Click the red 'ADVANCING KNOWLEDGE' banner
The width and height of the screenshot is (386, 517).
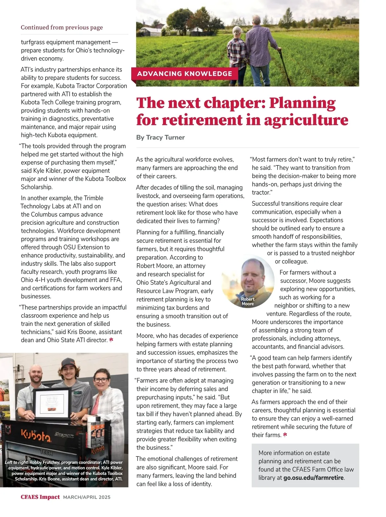pyautogui.click(x=184, y=74)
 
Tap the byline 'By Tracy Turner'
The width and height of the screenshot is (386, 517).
pyautogui.click(x=161, y=137)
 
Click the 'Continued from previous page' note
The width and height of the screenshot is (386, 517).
pyautogui.click(x=62, y=27)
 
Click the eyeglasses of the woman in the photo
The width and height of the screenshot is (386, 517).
pyautogui.click(x=101, y=380)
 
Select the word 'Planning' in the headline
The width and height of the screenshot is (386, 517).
pyautogui.click(x=302, y=103)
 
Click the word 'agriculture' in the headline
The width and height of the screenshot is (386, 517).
pyautogui.click(x=306, y=120)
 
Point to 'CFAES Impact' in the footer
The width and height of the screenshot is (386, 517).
pyautogui.click(x=40, y=497)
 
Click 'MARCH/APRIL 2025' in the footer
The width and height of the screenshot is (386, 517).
pyautogui.click(x=87, y=497)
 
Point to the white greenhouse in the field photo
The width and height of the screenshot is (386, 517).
pyautogui.click(x=151, y=32)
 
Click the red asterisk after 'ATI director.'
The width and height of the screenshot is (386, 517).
pyautogui.click(x=111, y=340)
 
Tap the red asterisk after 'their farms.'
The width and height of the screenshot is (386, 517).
pyautogui.click(x=285, y=435)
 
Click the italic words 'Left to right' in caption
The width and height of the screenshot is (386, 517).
pyautogui.click(x=16, y=463)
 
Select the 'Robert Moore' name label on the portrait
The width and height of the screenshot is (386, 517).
pyautogui.click(x=248, y=301)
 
